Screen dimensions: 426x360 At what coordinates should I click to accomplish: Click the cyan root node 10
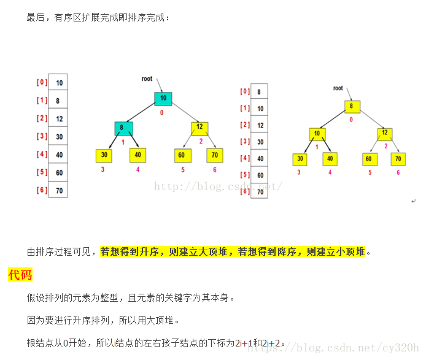(x=163, y=98)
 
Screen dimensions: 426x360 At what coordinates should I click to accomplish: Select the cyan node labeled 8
(x=123, y=128)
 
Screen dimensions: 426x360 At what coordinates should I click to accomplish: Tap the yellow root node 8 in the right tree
(x=351, y=105)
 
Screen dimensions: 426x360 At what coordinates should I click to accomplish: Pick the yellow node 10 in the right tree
(x=317, y=134)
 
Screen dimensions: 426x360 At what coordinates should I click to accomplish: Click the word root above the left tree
(x=147, y=79)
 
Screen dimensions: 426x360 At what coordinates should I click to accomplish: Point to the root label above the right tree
(x=338, y=88)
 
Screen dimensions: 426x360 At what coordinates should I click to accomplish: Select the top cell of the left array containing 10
(x=58, y=82)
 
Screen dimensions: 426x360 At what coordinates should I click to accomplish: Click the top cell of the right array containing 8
(x=259, y=92)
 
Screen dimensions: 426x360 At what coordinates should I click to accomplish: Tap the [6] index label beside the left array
(x=42, y=190)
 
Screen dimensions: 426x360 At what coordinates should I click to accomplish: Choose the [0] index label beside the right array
(x=245, y=91)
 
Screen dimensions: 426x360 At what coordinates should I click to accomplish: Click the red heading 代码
(x=20, y=275)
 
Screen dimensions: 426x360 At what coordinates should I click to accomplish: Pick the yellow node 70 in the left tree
(x=214, y=155)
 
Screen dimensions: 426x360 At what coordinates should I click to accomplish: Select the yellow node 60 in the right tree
(x=368, y=159)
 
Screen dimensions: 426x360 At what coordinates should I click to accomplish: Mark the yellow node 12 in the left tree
(x=199, y=128)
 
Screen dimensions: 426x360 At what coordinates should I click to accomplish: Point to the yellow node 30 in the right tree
(x=300, y=159)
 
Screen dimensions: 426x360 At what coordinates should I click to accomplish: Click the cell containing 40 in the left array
(x=58, y=155)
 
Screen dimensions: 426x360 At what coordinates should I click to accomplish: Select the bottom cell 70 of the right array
(x=259, y=191)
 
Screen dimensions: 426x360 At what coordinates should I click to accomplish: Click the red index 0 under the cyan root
(x=162, y=113)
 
